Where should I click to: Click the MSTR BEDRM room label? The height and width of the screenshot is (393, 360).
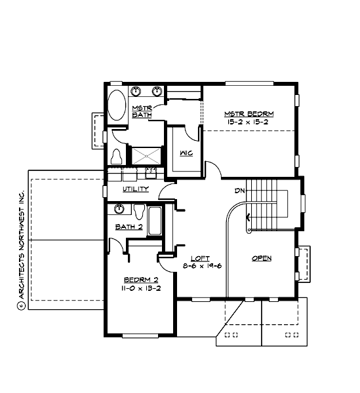click(x=249, y=114)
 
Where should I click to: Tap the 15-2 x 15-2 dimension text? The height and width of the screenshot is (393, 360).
click(x=249, y=122)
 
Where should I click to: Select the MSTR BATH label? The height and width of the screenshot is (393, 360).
click(x=142, y=111)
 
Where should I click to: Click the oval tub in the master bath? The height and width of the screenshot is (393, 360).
click(x=117, y=105)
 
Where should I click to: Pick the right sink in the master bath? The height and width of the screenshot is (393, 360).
click(x=157, y=91)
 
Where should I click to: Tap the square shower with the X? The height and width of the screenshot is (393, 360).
click(x=147, y=156)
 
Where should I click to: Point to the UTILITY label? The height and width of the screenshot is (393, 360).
click(x=135, y=189)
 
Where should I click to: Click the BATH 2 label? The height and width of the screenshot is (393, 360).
click(x=129, y=227)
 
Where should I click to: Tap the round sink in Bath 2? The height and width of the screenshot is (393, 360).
click(x=119, y=209)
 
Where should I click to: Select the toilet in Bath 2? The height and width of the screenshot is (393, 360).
click(x=139, y=212)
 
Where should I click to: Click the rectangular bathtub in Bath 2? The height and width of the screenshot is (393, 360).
click(x=156, y=221)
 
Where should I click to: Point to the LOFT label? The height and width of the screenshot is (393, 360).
click(x=200, y=259)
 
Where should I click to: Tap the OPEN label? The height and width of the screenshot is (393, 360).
click(x=262, y=259)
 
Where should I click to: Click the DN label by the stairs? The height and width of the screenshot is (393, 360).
click(x=240, y=191)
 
